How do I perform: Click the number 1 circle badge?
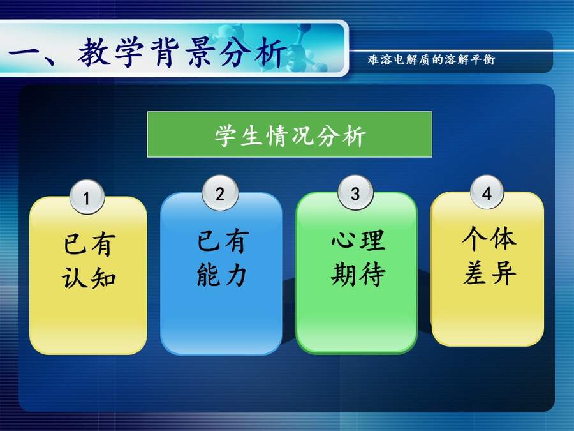pyautogui.click(x=87, y=197)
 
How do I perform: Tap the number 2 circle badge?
pyautogui.click(x=220, y=193)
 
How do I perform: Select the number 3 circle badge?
pyautogui.click(x=355, y=193)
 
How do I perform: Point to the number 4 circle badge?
pyautogui.click(x=487, y=192)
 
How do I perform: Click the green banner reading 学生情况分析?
pyautogui.click(x=290, y=135)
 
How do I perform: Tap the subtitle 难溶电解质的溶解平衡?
pyautogui.click(x=431, y=60)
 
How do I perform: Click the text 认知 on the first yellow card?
pyautogui.click(x=89, y=278)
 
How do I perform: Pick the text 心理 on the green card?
pyautogui.click(x=358, y=241)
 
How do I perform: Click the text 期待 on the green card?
pyautogui.click(x=358, y=274)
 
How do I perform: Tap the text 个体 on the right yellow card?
pyautogui.click(x=489, y=238)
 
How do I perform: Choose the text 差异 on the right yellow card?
pyautogui.click(x=490, y=273)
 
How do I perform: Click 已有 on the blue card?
pyautogui.click(x=223, y=241)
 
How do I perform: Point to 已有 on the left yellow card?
pyautogui.click(x=90, y=244)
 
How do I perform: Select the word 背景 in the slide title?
pyautogui.click(x=182, y=52)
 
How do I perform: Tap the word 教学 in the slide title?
pyautogui.click(x=110, y=52)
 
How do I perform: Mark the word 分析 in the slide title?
pyautogui.click(x=253, y=52)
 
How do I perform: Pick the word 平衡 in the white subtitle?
pyautogui.click(x=483, y=60)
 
